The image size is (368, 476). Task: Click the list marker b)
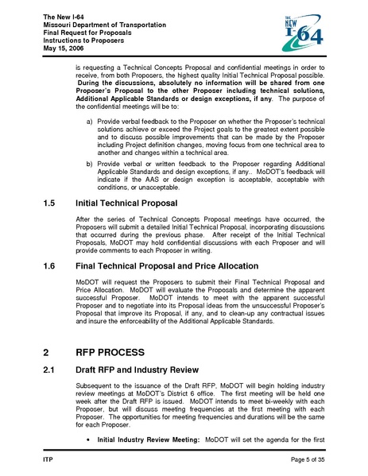coord(90,162)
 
